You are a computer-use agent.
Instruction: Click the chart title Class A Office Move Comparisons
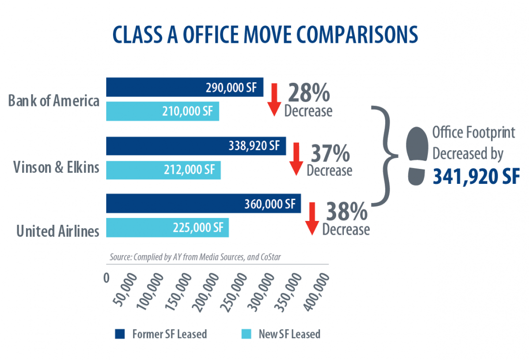[265, 35]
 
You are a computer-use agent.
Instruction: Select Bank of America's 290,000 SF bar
[185, 87]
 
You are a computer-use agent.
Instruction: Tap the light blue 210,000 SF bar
[163, 111]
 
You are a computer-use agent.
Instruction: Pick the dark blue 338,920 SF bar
[196, 146]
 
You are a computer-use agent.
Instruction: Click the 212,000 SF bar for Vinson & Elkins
[164, 170]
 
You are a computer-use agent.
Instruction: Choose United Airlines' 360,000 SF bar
[203, 203]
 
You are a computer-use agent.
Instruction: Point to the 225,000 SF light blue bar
[167, 228]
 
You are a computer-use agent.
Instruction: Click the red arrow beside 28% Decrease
[274, 100]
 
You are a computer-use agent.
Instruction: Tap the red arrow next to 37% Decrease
[296, 159]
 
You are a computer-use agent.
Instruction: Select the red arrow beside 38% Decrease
[312, 219]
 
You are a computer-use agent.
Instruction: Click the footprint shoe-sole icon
[417, 156]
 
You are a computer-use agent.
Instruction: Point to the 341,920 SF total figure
[476, 176]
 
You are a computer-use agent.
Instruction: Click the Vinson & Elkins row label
[56, 167]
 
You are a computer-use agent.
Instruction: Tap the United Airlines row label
[58, 231]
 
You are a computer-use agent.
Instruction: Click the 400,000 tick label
[316, 292]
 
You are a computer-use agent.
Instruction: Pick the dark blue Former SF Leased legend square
[120, 334]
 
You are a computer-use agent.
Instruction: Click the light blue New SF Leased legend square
[247, 334]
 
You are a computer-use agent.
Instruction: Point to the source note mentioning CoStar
[195, 257]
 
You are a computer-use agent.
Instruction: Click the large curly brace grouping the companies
[385, 156]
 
